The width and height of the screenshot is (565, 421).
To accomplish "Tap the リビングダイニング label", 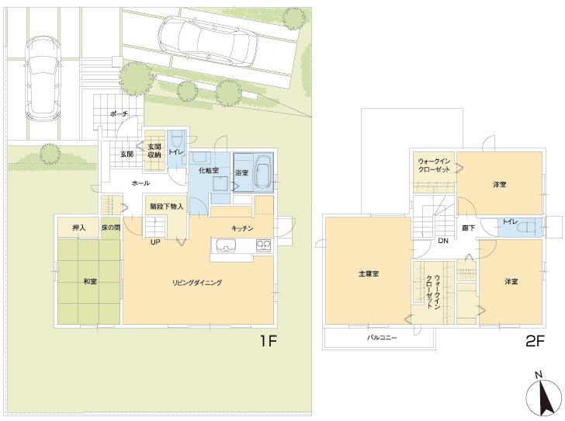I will click(x=197, y=283).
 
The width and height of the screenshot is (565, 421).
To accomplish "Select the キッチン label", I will click(x=243, y=228).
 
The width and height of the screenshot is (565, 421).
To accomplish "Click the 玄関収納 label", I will click(x=154, y=151).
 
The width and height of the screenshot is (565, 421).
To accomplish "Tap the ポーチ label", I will click(x=119, y=114).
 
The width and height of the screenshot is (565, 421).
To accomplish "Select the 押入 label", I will click(x=78, y=228).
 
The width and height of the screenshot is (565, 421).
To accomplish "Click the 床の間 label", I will click(x=109, y=228).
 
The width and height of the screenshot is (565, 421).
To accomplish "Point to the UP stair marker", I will click(x=155, y=242).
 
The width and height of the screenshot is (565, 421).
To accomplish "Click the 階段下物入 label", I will click(x=167, y=206).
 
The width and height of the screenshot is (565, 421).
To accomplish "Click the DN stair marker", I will click(x=442, y=241).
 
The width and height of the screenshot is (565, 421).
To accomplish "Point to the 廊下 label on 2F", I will click(x=468, y=228).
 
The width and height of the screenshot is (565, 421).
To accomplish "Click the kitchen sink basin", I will click(x=227, y=247).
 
